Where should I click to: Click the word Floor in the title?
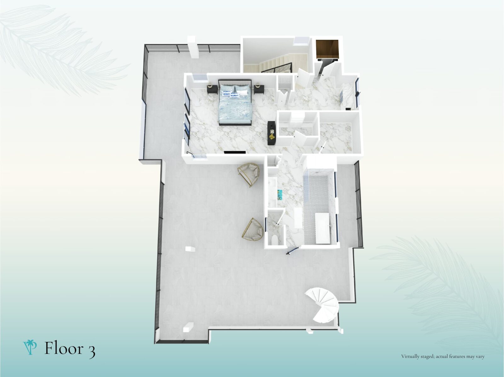(x=64, y=348)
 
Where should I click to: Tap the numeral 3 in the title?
(x=91, y=350)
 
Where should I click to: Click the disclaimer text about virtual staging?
(x=443, y=356)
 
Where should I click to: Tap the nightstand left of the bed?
(x=212, y=89)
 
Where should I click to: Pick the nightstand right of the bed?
(x=259, y=89)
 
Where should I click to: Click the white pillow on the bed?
(x=242, y=92)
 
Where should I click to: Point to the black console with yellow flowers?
(x=272, y=133)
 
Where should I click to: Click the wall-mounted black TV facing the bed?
(x=235, y=152)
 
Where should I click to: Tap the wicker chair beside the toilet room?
(x=253, y=230)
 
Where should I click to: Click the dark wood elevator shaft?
(x=327, y=49)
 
